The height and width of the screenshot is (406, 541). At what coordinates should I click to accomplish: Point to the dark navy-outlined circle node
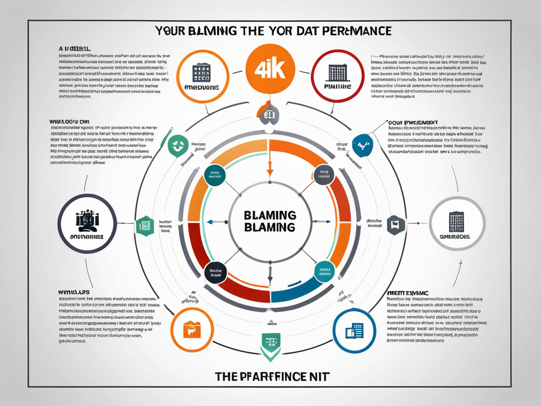pyautogui.click(x=87, y=223)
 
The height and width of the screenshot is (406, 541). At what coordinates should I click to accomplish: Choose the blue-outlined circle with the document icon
pyautogui.click(x=354, y=331)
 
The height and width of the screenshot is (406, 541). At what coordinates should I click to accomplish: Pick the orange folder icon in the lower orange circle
pyautogui.click(x=190, y=329)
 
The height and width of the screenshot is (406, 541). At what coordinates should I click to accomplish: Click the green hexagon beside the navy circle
pyautogui.click(x=144, y=225)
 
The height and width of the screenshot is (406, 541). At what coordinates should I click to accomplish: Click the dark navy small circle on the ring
pyautogui.click(x=214, y=272)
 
